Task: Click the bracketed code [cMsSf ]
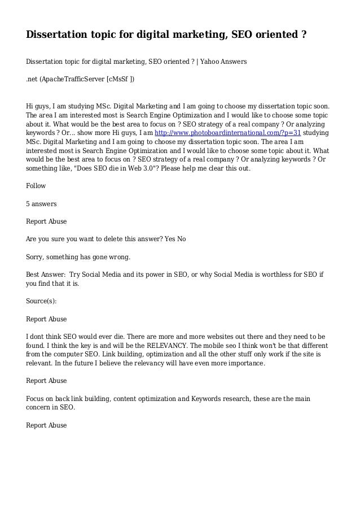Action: [x=120, y=78]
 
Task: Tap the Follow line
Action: [x=36, y=185]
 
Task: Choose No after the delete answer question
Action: [x=182, y=239]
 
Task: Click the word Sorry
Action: [x=37, y=257]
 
